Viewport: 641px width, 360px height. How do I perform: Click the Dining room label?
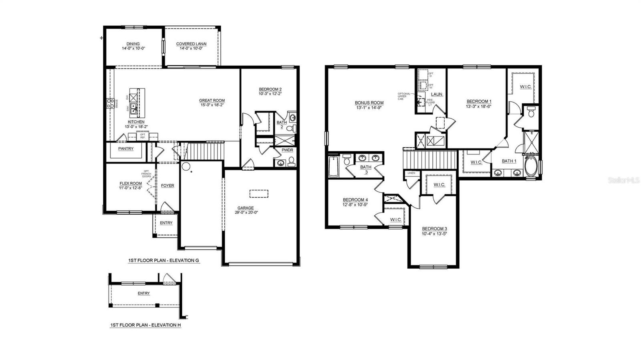[133, 44]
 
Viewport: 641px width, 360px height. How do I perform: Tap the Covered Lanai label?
[191, 44]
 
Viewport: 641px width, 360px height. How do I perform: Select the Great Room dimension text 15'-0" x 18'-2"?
[212, 105]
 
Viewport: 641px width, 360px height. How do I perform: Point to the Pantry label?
[126, 149]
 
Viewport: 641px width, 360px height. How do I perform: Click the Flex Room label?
[131, 183]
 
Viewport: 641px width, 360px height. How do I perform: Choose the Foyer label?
[167, 186]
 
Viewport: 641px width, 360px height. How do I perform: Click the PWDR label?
[287, 150]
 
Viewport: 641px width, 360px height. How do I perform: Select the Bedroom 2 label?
[270, 89]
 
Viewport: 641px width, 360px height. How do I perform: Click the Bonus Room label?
[369, 103]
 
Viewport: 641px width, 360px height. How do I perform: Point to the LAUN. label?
[437, 95]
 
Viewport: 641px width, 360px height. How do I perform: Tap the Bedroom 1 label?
[479, 101]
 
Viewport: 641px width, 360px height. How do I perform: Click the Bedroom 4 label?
[355, 200]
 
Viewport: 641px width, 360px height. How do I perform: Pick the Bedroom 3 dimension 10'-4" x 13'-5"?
[434, 234]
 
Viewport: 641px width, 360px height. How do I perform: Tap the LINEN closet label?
[411, 173]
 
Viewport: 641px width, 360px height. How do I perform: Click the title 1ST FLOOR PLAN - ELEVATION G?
[163, 261]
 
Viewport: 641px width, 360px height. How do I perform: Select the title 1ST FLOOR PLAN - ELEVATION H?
[145, 325]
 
